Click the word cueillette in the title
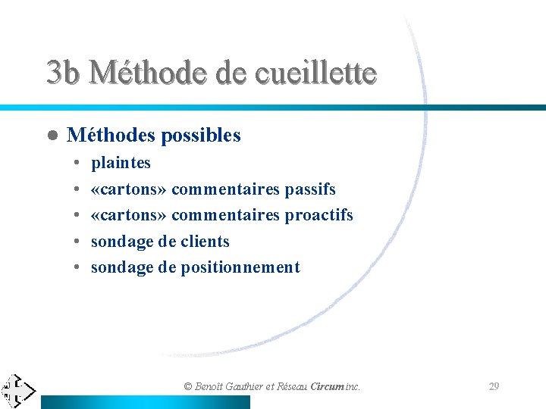315,73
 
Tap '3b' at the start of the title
63,73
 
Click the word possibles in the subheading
201,136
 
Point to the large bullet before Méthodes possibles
52,136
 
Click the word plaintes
121,163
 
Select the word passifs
310,189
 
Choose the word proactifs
318,215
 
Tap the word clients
205,242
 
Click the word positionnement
240,267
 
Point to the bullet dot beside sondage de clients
79,242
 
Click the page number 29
494,386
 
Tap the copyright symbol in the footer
189,386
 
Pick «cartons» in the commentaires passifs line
129,189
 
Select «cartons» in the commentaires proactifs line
129,215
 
